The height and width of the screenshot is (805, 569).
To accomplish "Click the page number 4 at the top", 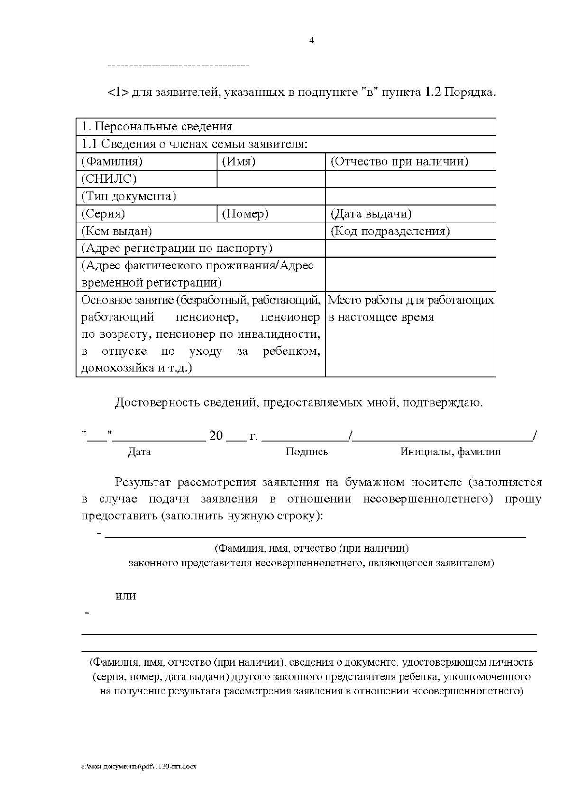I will [x=311, y=40].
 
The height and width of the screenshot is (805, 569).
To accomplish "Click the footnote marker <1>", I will [x=118, y=92].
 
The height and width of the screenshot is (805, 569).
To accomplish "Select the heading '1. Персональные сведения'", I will [x=157, y=127].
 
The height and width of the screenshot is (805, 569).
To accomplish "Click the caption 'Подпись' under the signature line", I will [x=307, y=452].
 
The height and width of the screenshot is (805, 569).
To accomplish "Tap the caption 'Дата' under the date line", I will [x=139, y=452].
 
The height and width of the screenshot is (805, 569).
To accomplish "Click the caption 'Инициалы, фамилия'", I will [x=450, y=452].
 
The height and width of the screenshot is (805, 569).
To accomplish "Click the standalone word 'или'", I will [x=126, y=596].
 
